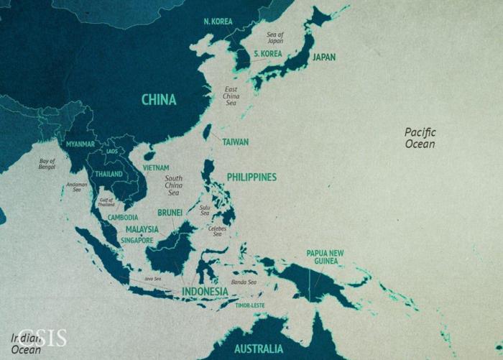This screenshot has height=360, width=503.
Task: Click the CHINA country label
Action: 159,99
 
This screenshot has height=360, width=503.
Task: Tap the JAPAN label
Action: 323,57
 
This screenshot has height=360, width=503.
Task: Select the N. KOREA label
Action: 218,22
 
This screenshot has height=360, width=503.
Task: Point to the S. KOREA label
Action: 267,54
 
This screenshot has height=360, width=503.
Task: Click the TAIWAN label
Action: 236,142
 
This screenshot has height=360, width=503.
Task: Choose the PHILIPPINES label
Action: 251,177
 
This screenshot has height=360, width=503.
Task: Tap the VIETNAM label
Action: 156,167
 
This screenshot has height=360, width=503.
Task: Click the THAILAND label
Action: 109,174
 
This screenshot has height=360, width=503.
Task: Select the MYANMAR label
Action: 80,144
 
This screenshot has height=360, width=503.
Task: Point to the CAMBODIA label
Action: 123,217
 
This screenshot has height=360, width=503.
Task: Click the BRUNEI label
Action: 170,213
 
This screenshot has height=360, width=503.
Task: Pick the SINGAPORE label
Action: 137,240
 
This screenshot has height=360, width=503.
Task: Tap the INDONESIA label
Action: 205,292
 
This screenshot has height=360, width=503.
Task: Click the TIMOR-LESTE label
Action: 251,305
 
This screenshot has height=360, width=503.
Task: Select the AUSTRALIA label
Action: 258,349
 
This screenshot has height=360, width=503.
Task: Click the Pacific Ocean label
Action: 420,138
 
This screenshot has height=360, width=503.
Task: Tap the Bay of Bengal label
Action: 47,164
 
